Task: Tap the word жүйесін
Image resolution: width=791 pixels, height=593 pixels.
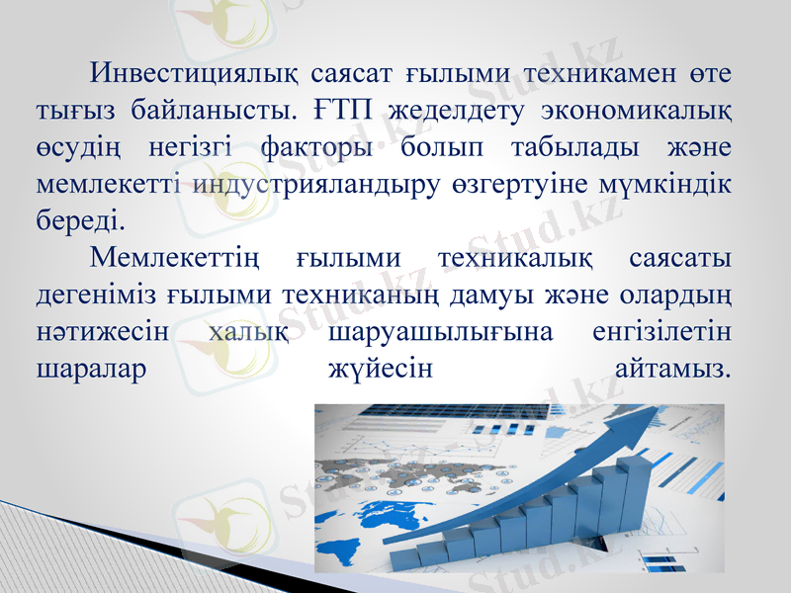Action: [x=379, y=369]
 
